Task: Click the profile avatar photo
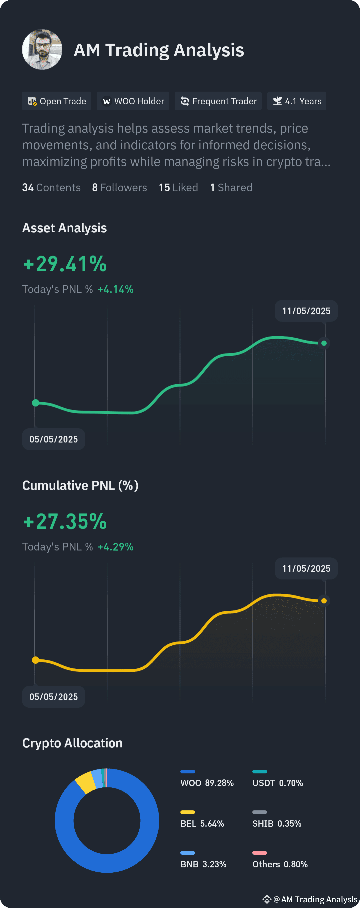[x=42, y=50]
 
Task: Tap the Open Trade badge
[x=56, y=101]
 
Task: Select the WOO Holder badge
[x=133, y=101]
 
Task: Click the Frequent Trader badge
[x=218, y=101]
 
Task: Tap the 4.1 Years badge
[x=297, y=101]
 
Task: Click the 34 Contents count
[x=51, y=188]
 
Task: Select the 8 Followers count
[x=120, y=188]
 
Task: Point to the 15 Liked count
[x=178, y=188]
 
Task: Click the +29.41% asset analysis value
[x=65, y=264]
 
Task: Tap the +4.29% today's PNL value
[x=116, y=547]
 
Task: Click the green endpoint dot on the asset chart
[x=324, y=343]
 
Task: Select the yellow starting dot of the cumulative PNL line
[x=36, y=660]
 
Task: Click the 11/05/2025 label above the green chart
[x=306, y=311]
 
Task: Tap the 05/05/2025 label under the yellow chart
[x=54, y=696]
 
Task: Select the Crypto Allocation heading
[x=72, y=743]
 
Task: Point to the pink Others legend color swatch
[x=260, y=853]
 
